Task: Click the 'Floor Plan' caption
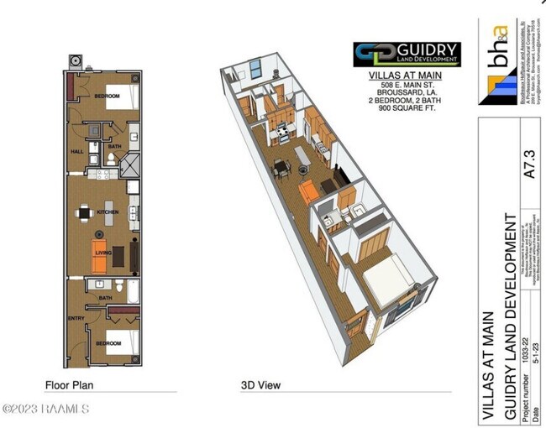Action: (x=69, y=385)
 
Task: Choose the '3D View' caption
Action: (x=260, y=385)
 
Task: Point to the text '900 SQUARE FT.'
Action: (x=405, y=108)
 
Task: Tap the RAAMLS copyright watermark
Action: (x=46, y=409)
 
